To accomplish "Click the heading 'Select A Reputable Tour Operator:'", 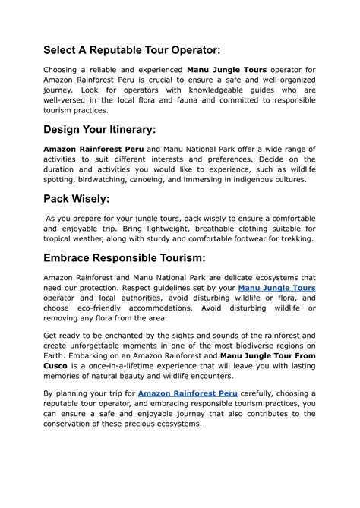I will coord(132,49).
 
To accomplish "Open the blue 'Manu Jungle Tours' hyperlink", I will coord(276,288).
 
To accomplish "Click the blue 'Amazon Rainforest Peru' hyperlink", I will coord(188,393).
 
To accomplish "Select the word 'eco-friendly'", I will coord(104,308).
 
